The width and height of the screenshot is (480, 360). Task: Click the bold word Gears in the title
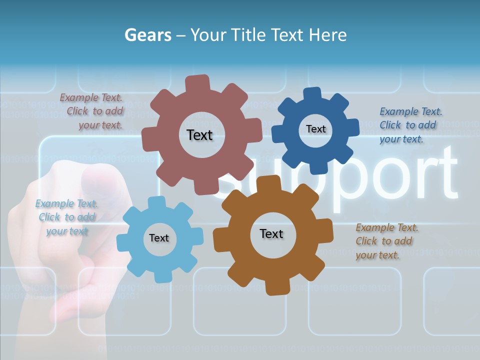148,35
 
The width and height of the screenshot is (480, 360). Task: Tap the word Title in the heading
249,35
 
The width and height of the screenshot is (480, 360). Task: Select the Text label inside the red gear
199,135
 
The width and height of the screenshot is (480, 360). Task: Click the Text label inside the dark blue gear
315,129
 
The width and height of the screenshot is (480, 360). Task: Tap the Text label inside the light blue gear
158,238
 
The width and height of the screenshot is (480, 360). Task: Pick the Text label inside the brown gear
271,233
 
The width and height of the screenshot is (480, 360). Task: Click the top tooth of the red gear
197,82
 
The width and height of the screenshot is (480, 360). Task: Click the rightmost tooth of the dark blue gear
352,127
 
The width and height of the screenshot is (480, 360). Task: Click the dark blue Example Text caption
410,125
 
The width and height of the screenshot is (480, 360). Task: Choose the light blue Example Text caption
66,217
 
